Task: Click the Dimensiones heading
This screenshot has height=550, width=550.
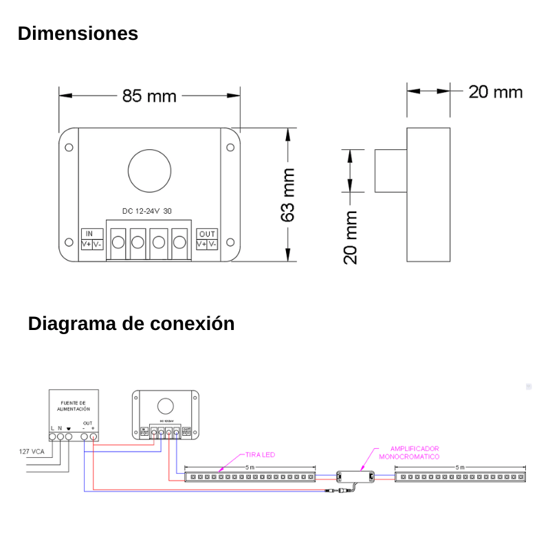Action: click(x=78, y=34)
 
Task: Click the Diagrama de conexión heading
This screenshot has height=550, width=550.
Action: click(x=131, y=323)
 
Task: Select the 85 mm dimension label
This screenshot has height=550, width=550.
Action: click(x=149, y=96)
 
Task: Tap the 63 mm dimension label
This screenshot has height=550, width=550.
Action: click(x=288, y=195)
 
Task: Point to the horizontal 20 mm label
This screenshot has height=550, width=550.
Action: click(x=495, y=92)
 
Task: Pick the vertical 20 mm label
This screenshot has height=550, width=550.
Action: click(x=351, y=237)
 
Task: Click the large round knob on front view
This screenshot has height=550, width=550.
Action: click(x=149, y=170)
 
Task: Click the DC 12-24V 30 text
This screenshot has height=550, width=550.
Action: click(x=147, y=211)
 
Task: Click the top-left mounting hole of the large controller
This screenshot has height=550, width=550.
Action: click(x=69, y=147)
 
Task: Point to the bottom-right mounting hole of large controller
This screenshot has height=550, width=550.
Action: click(x=230, y=242)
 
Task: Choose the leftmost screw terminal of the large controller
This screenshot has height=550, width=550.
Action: click(x=118, y=242)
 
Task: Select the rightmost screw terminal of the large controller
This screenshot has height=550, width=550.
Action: click(x=180, y=242)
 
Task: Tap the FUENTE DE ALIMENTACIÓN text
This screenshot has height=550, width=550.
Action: click(x=74, y=405)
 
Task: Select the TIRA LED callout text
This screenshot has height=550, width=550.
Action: click(x=260, y=455)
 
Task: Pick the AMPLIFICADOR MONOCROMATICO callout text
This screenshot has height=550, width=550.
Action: click(x=409, y=452)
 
